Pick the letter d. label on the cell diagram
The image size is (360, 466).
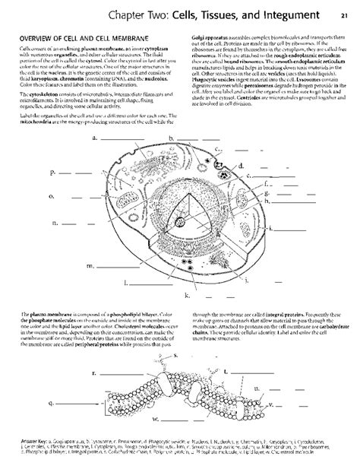[x=240, y=164]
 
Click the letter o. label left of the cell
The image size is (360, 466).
[x=52, y=196]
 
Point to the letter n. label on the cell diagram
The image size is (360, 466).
[x=55, y=224]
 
